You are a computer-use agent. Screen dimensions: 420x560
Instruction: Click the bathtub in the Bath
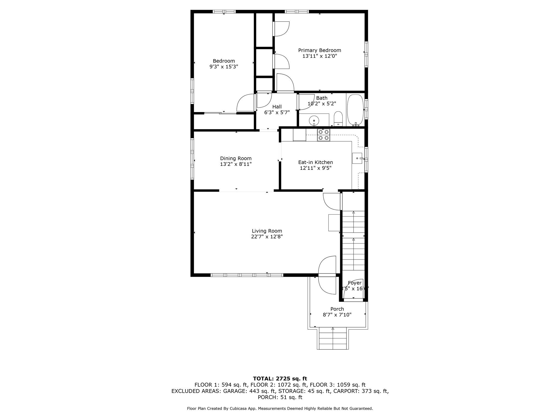point(355,110)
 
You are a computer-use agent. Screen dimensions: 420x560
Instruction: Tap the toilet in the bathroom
point(338,119)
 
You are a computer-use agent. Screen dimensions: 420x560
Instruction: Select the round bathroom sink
point(314,120)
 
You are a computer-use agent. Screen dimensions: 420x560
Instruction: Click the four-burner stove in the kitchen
point(323,135)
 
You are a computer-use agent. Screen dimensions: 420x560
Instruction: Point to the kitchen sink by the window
point(357,158)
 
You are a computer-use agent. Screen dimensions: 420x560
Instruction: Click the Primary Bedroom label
point(319,50)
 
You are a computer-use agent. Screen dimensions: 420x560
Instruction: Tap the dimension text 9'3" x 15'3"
point(224,67)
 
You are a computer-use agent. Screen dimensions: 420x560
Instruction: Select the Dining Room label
point(236,158)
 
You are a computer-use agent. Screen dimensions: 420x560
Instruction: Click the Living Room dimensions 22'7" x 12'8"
point(267,237)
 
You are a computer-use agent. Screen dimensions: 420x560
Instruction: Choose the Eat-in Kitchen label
point(315,162)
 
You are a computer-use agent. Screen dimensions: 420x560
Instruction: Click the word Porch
point(337,309)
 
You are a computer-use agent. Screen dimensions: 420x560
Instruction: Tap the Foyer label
point(355,283)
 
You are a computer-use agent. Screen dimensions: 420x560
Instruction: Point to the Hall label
point(277,107)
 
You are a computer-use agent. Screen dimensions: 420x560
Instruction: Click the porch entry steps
point(333,339)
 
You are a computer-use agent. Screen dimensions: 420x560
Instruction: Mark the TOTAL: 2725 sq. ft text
point(280,379)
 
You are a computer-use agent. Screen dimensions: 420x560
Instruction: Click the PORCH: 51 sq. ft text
point(280,397)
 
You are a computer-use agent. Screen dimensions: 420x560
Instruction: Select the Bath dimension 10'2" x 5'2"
point(322,104)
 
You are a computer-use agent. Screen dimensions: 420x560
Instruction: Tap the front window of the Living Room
point(247,275)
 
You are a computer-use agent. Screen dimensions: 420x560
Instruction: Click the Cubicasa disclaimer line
point(280,409)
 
